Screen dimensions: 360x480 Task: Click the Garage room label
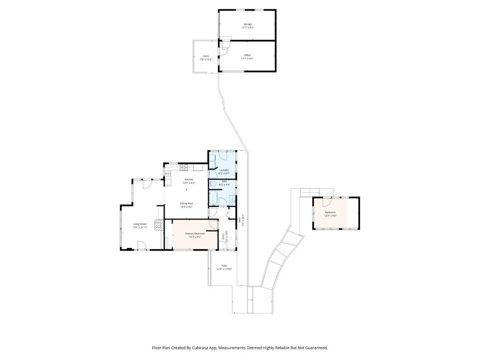(247, 24)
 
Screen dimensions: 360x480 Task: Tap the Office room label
(247, 55)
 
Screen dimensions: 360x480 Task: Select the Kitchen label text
(188, 180)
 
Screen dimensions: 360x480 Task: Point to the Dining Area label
(187, 203)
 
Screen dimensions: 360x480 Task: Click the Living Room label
(140, 224)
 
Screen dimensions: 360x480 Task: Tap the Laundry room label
(224, 170)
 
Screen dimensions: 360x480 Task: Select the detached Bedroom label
(330, 212)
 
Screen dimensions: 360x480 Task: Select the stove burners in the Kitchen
(183, 167)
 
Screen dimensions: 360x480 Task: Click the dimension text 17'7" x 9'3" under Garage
(247, 28)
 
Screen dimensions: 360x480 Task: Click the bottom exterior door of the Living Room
(140, 245)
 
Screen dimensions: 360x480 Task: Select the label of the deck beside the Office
(206, 56)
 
